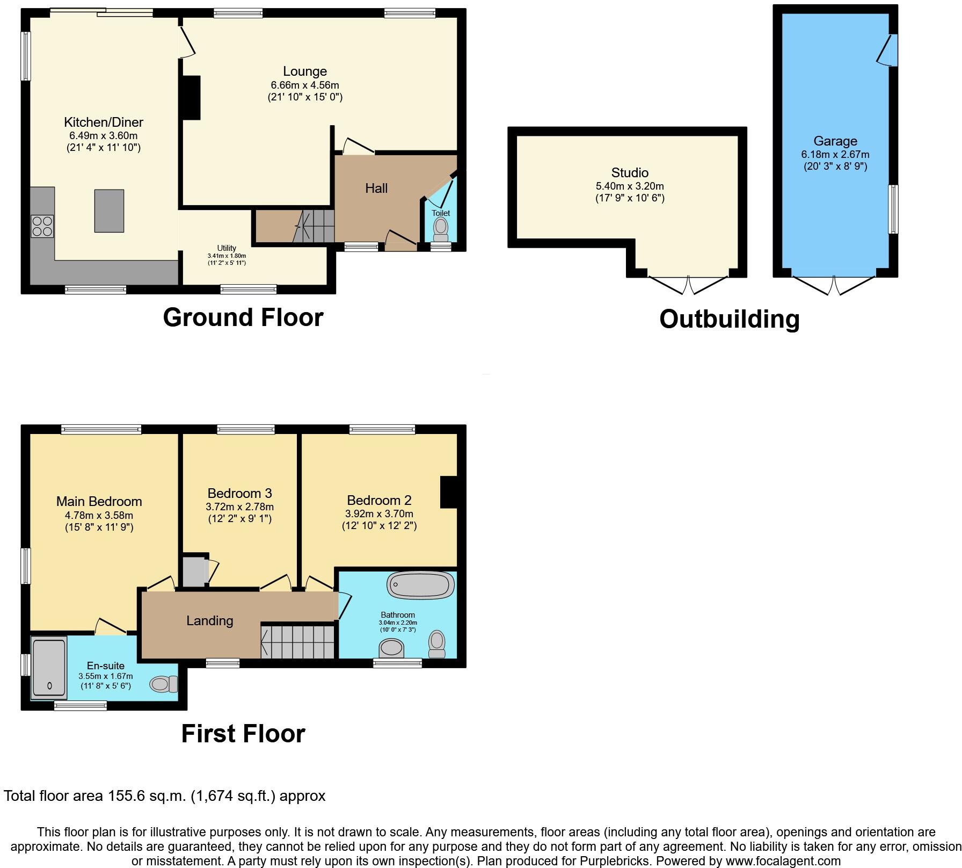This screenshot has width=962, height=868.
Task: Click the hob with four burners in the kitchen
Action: tap(42, 226)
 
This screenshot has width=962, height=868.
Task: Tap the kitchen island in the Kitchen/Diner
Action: tap(109, 211)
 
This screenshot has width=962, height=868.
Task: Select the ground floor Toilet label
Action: tap(441, 213)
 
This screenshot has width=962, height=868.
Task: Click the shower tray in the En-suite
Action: tap(49, 668)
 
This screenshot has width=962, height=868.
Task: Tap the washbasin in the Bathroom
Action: tap(391, 648)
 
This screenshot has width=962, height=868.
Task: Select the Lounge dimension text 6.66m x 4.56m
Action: tap(305, 85)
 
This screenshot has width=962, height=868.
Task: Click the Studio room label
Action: tap(630, 172)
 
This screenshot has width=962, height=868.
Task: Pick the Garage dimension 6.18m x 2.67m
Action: tap(835, 154)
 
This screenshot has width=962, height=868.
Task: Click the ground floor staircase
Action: tap(314, 226)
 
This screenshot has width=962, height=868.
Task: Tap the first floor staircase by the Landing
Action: tap(298, 640)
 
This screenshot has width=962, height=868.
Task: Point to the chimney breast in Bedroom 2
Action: tap(449, 491)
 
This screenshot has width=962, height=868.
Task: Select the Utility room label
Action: tap(227, 248)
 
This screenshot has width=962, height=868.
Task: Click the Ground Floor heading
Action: tap(243, 317)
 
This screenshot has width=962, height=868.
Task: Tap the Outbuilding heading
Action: tap(729, 319)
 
